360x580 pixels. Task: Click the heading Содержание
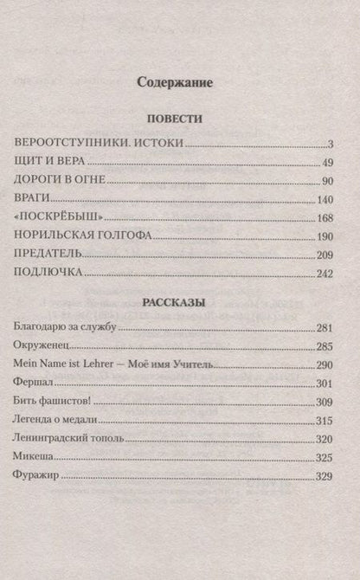click(x=181, y=83)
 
